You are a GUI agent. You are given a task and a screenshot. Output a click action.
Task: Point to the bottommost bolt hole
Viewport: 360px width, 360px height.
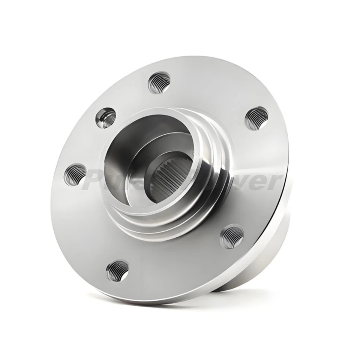[117, 271]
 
